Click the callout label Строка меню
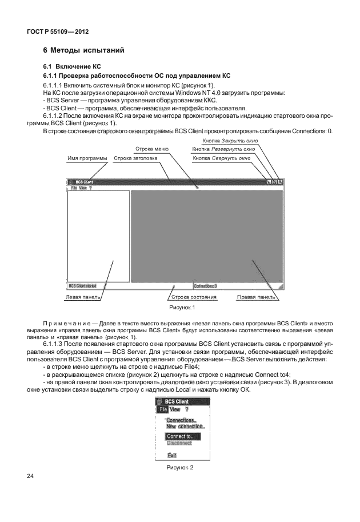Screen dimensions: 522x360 click(151, 149)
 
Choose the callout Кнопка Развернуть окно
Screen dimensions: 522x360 click(223, 149)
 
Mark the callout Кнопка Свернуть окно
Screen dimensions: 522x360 click(222, 158)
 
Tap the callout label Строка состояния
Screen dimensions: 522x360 click(194, 297)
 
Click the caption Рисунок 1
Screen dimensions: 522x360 click(181, 308)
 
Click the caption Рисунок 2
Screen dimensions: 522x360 click(181, 468)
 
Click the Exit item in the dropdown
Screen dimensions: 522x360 click(171, 455)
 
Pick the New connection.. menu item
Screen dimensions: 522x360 click(185, 427)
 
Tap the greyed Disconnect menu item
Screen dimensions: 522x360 click(179, 443)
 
